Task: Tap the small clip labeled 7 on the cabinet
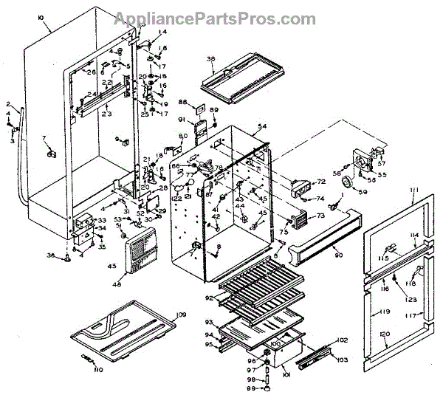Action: click(x=51, y=154)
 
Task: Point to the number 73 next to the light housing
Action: click(x=320, y=216)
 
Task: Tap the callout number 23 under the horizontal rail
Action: click(x=106, y=114)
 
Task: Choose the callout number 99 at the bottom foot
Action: click(x=251, y=387)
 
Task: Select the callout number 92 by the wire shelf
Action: click(x=209, y=298)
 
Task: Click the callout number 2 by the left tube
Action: click(x=8, y=104)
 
